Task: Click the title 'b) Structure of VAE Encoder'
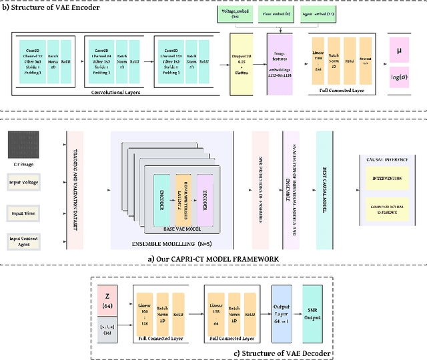[x=43, y=7]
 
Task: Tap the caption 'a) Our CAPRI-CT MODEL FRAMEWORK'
[x=213, y=257]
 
